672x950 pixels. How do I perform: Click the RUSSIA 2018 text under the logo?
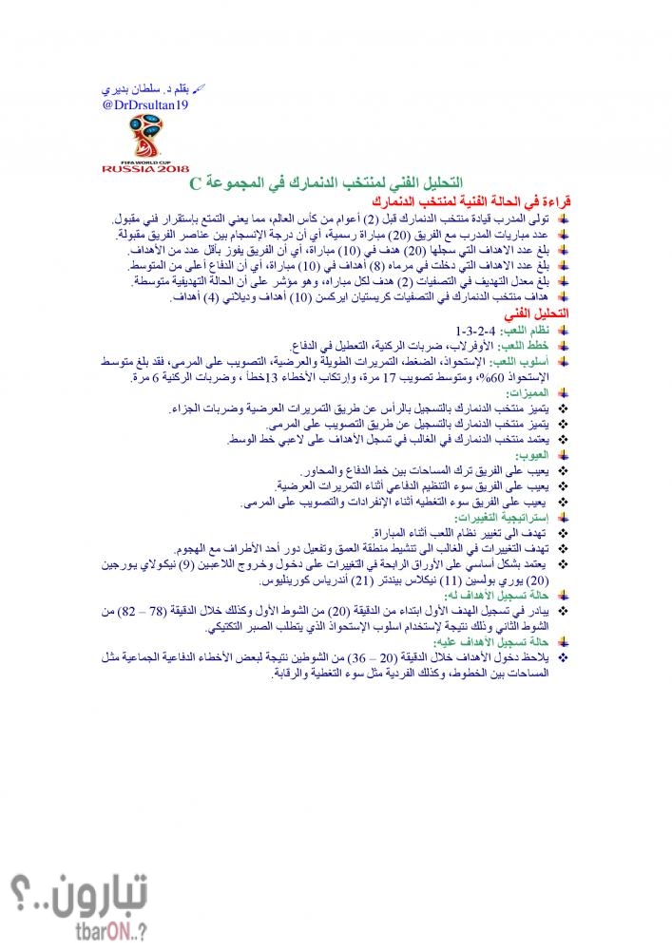coord(145,168)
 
